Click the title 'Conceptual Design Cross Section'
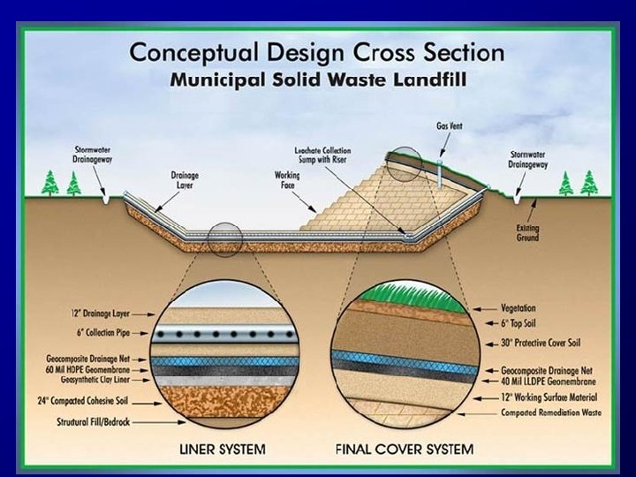(317, 50)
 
